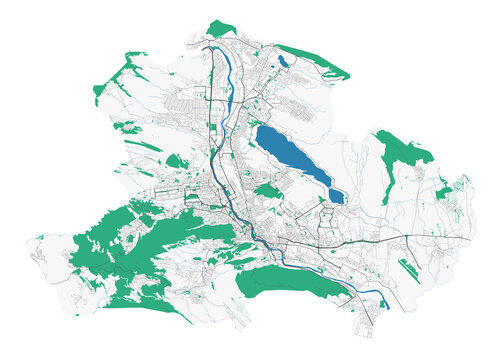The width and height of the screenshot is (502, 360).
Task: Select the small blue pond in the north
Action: coord(283,63)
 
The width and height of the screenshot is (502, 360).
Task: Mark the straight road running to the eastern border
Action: coord(430,239)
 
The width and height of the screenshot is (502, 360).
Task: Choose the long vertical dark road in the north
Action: coord(212,100)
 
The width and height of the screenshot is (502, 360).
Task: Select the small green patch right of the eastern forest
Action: coord(442,190)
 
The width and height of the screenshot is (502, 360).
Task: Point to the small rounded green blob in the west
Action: coord(176,160)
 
